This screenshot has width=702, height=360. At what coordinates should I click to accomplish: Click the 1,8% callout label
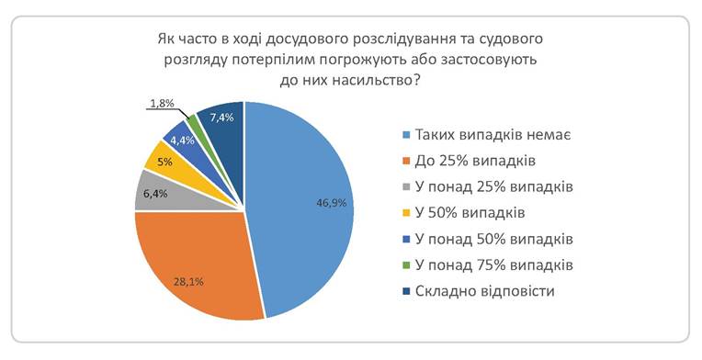[x=162, y=104]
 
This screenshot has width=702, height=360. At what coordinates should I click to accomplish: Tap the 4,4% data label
[x=182, y=141]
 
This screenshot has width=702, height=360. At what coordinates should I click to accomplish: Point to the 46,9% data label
[x=332, y=203]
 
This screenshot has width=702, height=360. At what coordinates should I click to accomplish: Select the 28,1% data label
[x=188, y=282]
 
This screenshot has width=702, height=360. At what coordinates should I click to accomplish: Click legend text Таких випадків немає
[x=493, y=135]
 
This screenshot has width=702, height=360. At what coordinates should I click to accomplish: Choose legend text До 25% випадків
[x=475, y=161]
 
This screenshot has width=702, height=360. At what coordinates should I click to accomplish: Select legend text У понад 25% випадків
[x=493, y=186]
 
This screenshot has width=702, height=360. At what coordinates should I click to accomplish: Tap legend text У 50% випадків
[x=470, y=212]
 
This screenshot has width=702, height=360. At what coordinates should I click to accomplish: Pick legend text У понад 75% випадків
[x=493, y=265]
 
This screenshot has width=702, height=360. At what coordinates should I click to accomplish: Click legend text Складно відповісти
[x=485, y=291]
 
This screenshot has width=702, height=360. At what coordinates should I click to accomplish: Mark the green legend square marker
[x=406, y=265]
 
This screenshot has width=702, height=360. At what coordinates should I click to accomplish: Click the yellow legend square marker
[x=406, y=213]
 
